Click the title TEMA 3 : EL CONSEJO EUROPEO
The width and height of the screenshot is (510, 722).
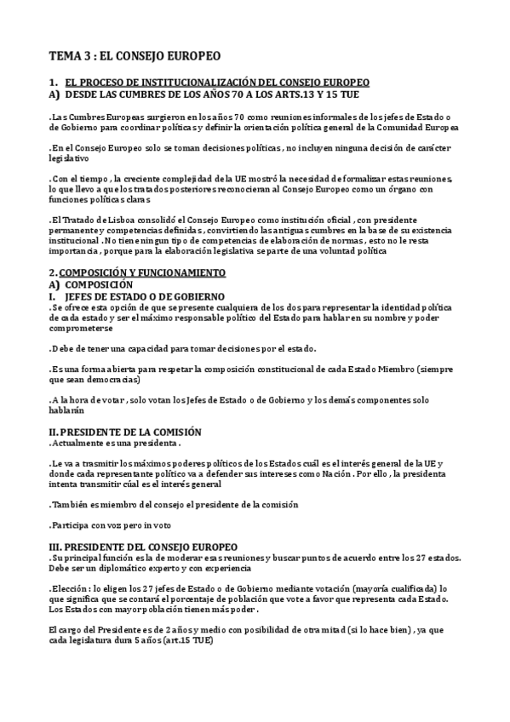(x=134, y=57)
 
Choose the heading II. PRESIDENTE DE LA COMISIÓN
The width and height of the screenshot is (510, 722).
(x=125, y=431)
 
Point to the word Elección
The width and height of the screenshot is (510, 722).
(x=72, y=587)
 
